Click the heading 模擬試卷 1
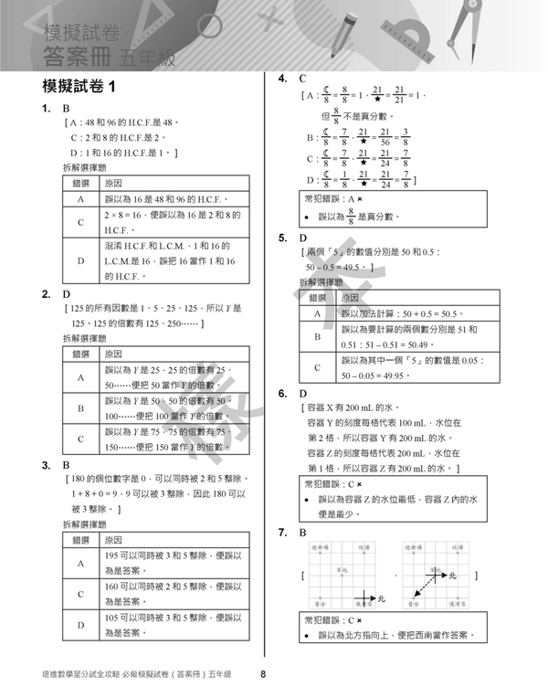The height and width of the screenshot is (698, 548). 79,89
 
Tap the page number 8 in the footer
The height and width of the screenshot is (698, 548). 262,676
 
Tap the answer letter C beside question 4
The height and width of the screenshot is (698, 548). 302,79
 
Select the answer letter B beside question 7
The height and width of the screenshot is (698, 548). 303,532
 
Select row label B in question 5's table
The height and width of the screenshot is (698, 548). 317,337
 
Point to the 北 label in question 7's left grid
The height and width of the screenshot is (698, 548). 382,598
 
